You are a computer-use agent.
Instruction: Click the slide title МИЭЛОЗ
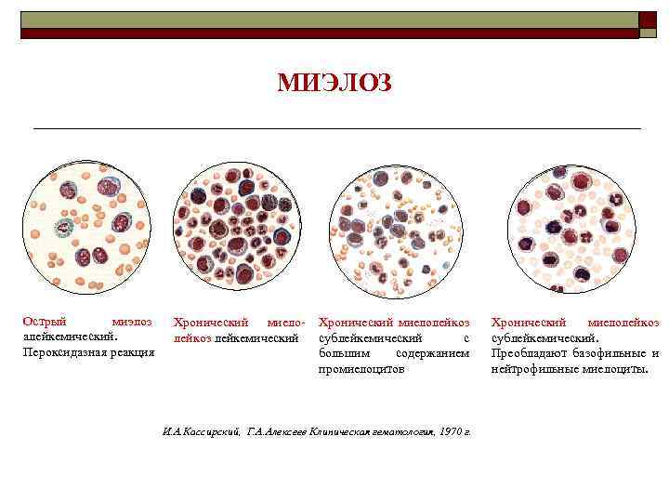(334, 84)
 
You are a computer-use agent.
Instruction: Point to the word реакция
(133, 352)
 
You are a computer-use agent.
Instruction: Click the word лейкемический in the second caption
(256, 337)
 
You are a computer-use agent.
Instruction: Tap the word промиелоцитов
(361, 369)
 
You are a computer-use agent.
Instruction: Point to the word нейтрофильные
(531, 369)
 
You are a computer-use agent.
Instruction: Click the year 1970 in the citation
(451, 431)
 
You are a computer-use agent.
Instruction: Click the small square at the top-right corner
(646, 20)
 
